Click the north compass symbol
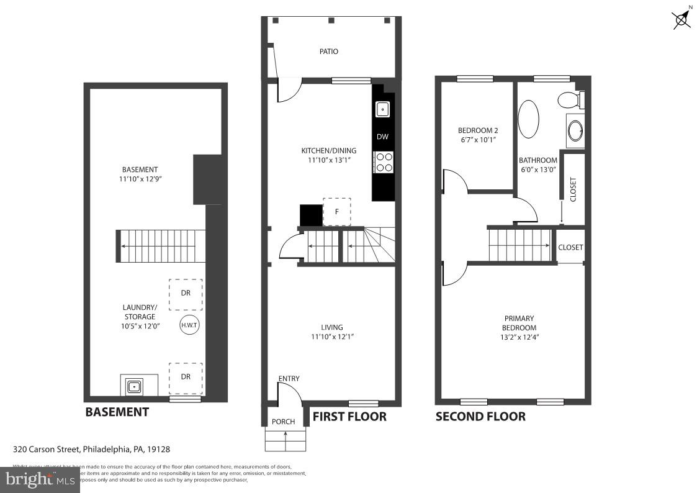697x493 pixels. (682, 18)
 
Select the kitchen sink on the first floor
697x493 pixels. (383, 109)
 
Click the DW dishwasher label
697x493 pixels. (382, 137)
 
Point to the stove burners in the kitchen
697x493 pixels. (384, 162)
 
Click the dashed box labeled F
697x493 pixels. (337, 212)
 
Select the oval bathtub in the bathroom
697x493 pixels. (529, 120)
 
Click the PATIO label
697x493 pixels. (329, 52)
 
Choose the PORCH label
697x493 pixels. (284, 422)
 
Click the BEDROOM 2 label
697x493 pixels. (478, 130)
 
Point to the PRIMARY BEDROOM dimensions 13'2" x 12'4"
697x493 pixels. (519, 337)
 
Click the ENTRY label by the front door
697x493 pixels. (289, 379)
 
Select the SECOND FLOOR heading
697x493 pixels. (480, 417)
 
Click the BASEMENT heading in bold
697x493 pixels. (117, 412)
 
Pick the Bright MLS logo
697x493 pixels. (40, 479)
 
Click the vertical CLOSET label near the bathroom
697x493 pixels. (573, 189)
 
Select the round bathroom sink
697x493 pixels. (575, 131)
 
